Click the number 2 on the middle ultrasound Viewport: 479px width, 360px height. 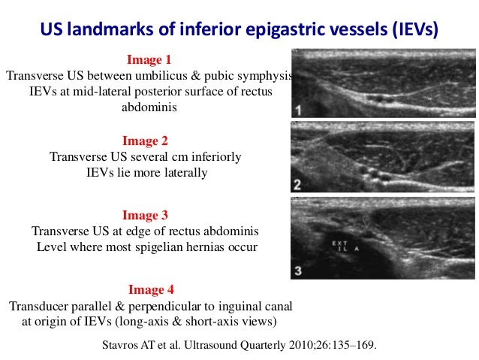298,184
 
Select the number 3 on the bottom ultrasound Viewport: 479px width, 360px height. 298,269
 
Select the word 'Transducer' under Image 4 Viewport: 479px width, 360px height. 38,307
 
